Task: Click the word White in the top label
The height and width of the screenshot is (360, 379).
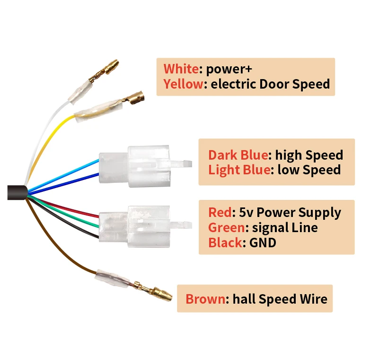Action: click(181, 69)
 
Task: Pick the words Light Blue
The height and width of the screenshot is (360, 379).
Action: click(239, 170)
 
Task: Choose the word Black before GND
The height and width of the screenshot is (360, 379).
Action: click(225, 243)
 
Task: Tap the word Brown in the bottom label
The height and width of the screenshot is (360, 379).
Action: click(205, 299)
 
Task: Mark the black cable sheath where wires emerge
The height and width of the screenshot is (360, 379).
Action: click(16, 192)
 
